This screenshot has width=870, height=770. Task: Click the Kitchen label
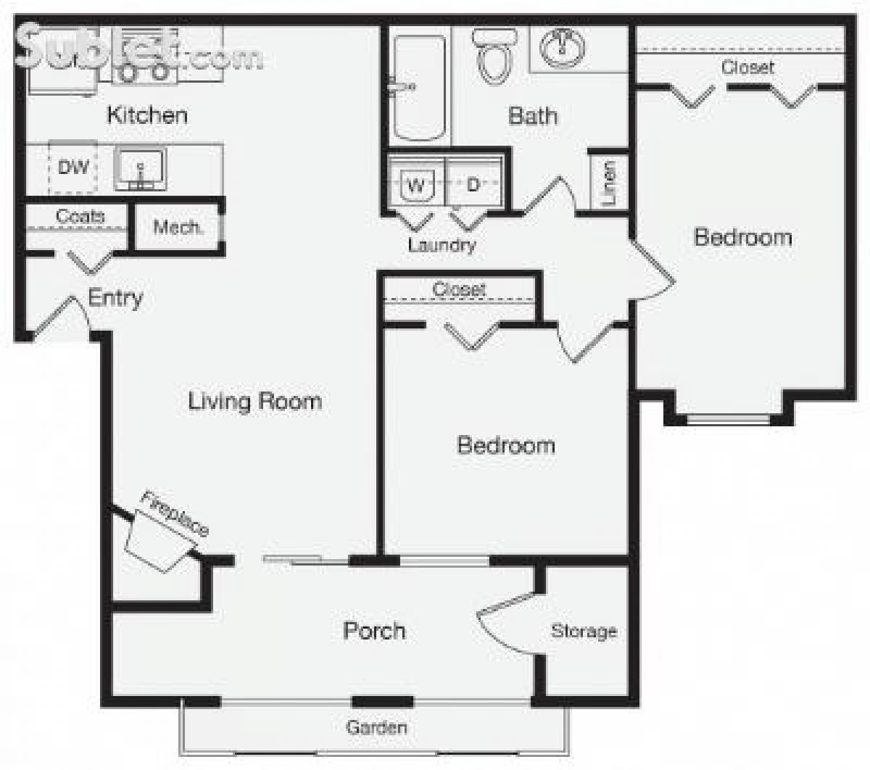[x=147, y=115]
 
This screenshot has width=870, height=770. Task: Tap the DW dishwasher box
[x=73, y=167]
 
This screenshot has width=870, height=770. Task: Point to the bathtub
[x=419, y=87]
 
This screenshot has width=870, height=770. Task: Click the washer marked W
[x=416, y=184]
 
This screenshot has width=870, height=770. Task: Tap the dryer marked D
[x=473, y=184]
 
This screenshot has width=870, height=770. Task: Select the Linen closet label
[x=609, y=181]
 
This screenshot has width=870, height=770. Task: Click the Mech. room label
[x=178, y=228]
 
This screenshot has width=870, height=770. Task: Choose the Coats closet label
[x=80, y=216]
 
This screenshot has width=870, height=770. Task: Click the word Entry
[x=115, y=297]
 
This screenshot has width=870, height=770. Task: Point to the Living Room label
[x=254, y=401]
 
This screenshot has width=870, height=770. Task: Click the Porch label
[x=374, y=630]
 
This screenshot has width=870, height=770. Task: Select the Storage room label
[x=584, y=631]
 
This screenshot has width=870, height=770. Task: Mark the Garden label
[x=376, y=727]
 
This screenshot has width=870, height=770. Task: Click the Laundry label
[x=442, y=244]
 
